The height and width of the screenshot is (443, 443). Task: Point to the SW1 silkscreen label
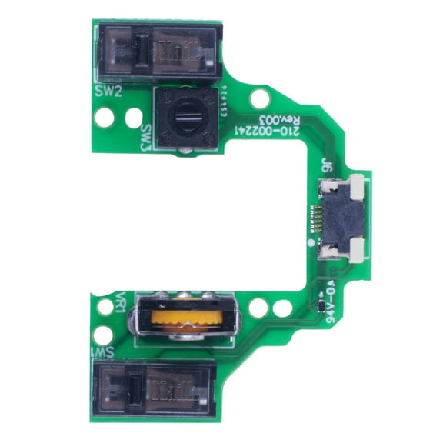104,351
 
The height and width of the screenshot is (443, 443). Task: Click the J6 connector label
326,163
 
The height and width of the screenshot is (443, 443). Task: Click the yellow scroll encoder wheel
183,318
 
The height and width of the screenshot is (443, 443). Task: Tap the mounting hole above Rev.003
261,98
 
